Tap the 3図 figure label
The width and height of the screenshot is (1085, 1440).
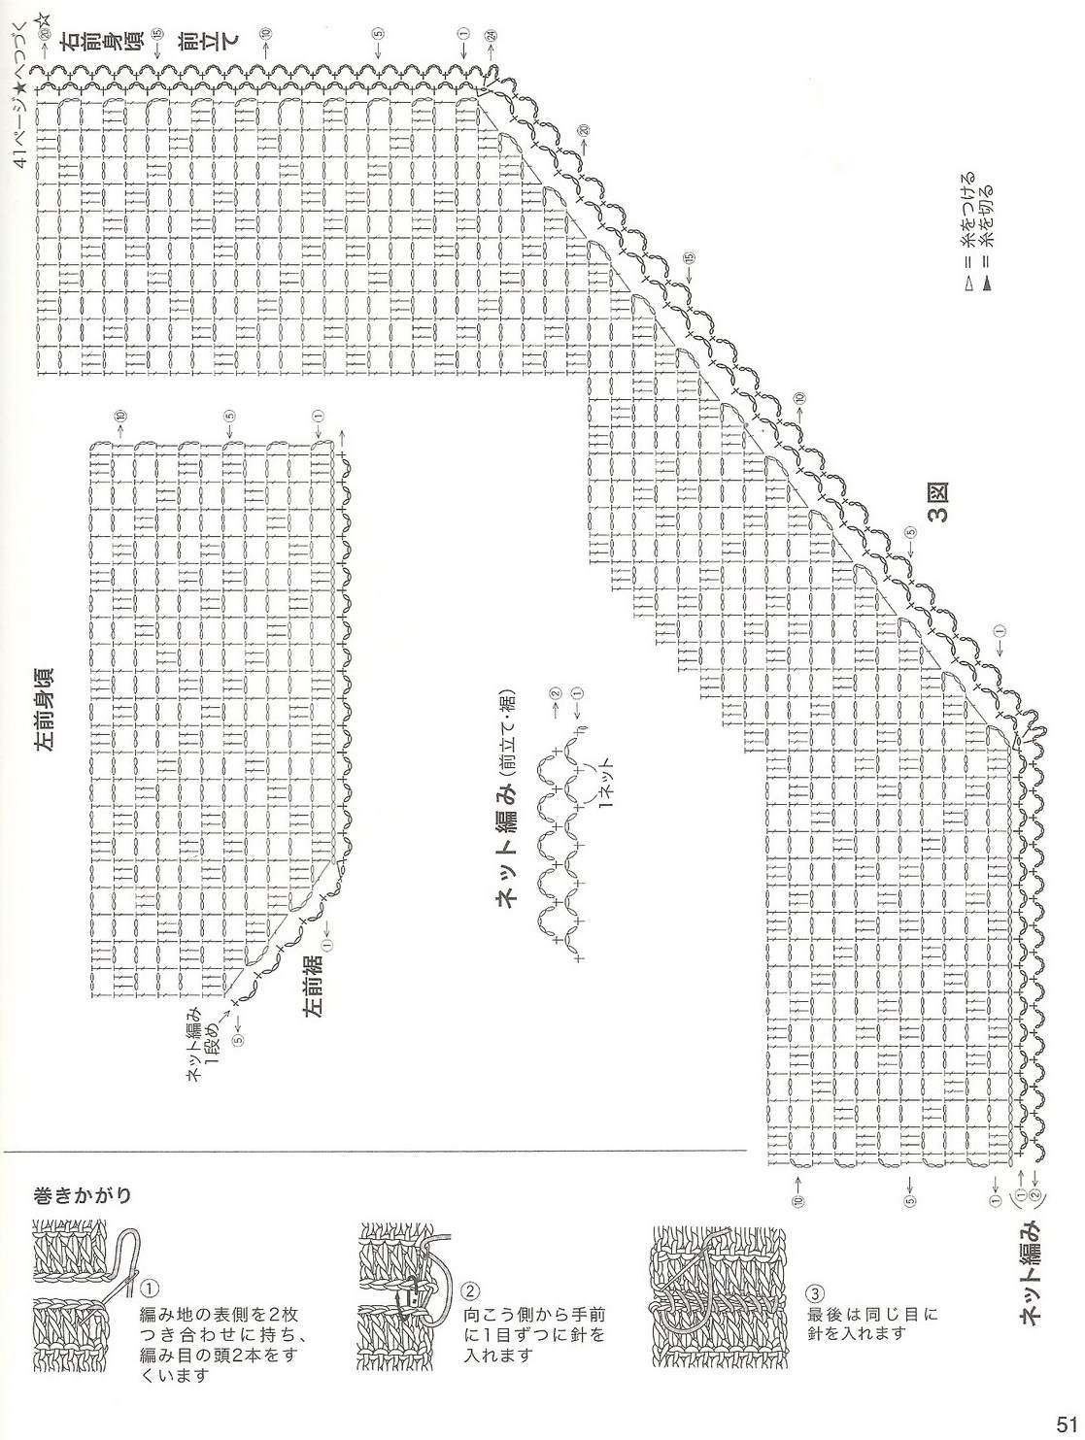[x=939, y=503]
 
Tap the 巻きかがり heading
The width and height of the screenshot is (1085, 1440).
[x=83, y=1193]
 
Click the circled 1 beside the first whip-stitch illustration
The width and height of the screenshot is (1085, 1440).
[x=152, y=1290]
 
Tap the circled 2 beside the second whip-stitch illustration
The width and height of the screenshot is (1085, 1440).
[x=470, y=1291]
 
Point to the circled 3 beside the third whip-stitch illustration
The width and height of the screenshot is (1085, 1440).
[x=816, y=1295]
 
